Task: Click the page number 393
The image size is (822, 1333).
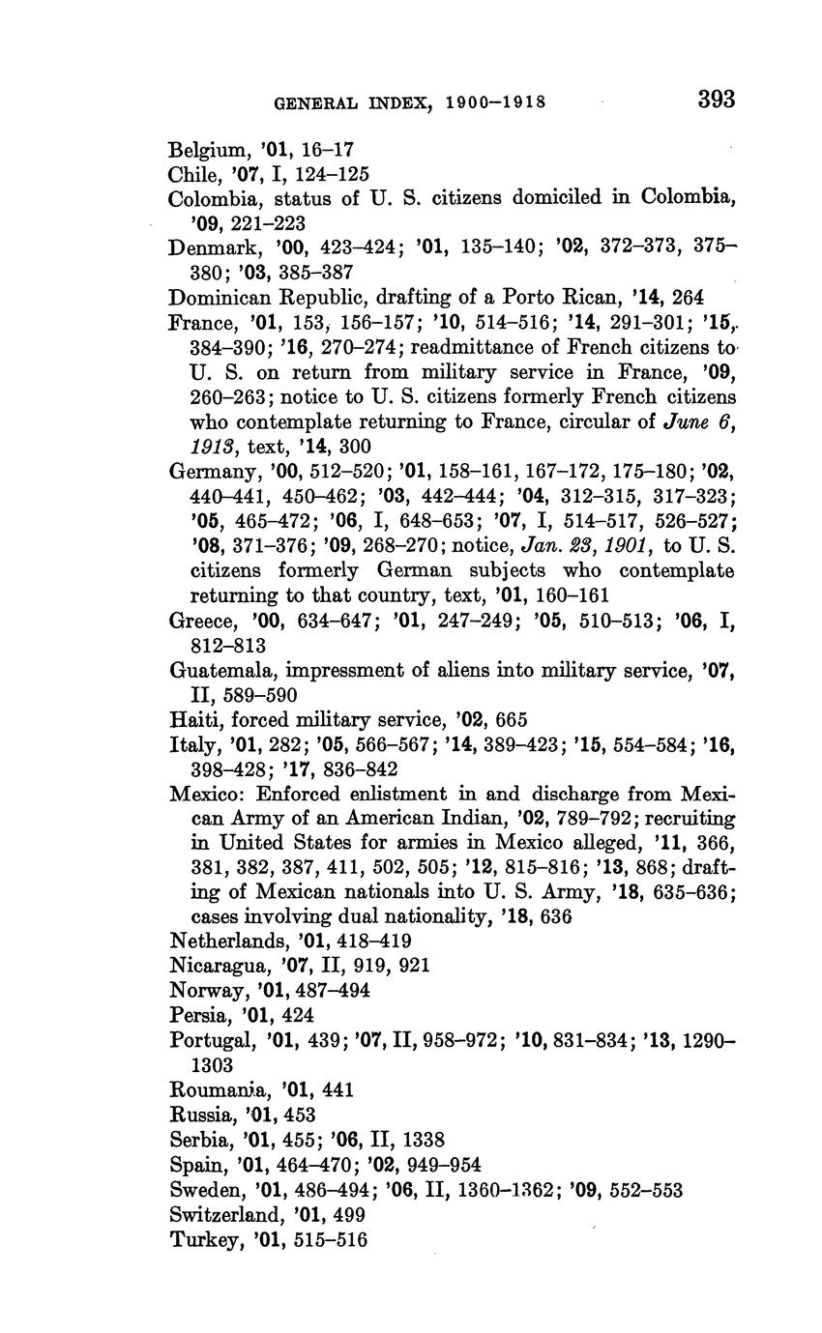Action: (x=715, y=100)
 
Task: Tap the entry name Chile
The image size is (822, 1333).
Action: (x=194, y=175)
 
